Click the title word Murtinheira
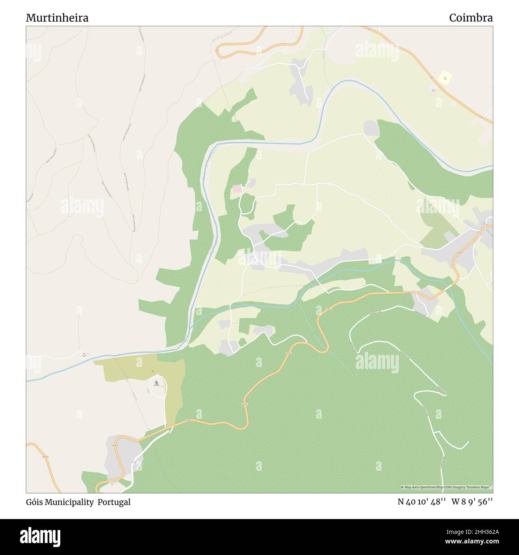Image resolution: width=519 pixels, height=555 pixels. [x=57, y=18]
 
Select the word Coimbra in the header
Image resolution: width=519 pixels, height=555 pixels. [x=471, y=18]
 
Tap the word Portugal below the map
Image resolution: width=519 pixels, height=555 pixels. [x=116, y=502]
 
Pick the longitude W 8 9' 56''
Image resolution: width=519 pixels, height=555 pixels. [x=472, y=502]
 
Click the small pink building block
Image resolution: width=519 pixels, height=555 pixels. [x=237, y=189]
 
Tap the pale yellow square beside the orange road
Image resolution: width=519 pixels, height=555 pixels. [x=445, y=77]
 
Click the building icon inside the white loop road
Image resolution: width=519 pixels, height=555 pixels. [x=156, y=383]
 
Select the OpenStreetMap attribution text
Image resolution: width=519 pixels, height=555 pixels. [x=446, y=487]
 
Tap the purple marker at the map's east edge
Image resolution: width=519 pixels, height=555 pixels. [x=484, y=223]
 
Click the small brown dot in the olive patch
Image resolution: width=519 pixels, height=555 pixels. [x=152, y=371]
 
